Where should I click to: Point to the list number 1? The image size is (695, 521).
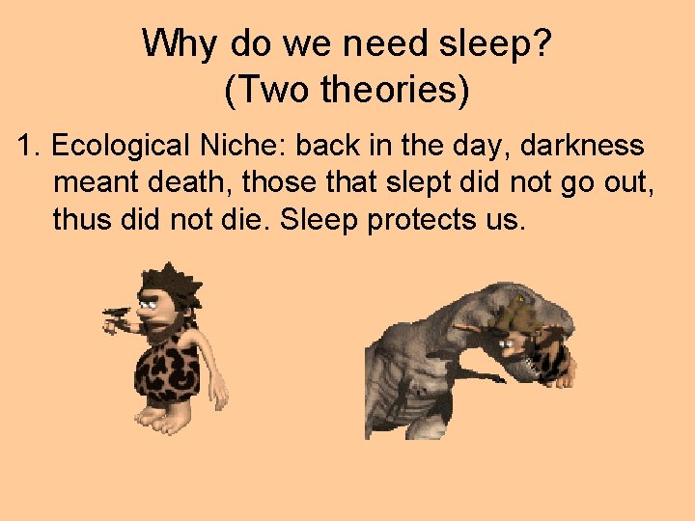(29, 146)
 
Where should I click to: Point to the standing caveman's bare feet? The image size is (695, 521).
(166, 417)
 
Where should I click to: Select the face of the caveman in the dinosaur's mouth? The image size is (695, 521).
(513, 343)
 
